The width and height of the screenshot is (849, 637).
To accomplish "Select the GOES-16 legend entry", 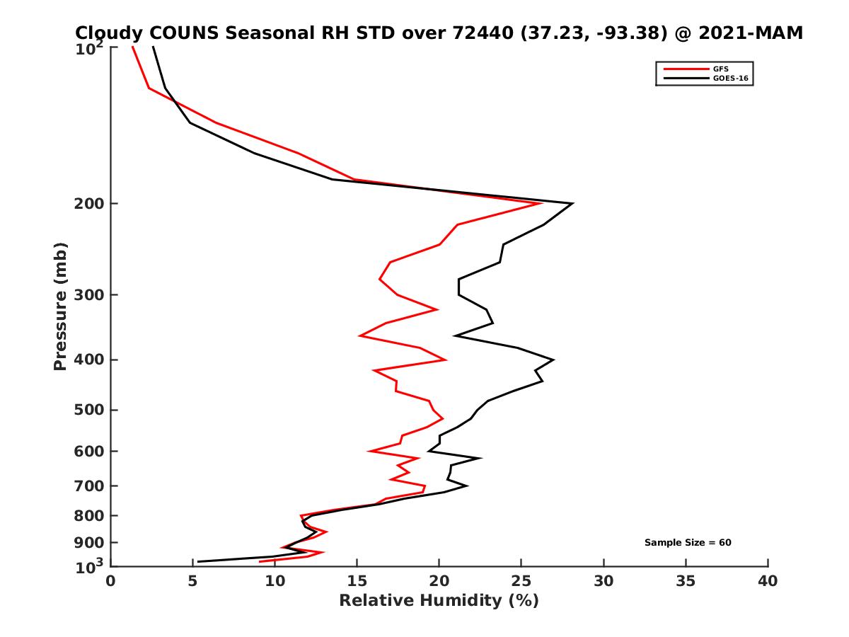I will click(x=729, y=79).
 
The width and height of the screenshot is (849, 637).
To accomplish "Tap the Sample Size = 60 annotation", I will click(x=687, y=543).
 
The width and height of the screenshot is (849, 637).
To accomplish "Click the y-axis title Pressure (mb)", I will click(x=60, y=306).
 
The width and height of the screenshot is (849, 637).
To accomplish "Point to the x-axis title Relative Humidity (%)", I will click(x=439, y=601).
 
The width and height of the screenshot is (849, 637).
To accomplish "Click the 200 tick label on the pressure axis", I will click(x=90, y=204).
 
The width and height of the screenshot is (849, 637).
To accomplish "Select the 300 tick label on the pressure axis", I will click(x=90, y=294).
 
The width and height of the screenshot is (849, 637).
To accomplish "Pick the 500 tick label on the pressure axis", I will click(x=90, y=410).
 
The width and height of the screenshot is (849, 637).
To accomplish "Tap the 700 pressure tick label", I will click(x=90, y=486).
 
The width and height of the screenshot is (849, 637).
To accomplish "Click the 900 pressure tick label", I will click(x=90, y=543).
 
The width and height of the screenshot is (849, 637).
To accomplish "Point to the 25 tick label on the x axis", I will click(x=521, y=581).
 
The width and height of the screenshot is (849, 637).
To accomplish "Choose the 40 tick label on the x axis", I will click(x=768, y=581).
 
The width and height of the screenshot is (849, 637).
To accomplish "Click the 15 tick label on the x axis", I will click(x=357, y=581).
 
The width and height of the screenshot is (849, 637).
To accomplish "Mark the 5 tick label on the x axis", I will click(x=192, y=581).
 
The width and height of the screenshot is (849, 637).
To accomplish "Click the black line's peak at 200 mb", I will click(x=572, y=204).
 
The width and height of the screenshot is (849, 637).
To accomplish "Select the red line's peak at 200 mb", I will click(x=541, y=204).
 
